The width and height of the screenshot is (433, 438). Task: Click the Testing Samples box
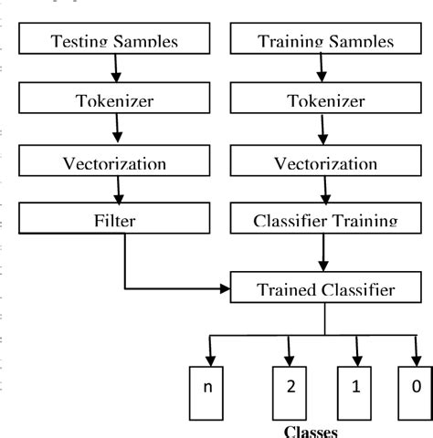pos(114,40)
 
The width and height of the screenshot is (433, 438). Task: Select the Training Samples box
pos(325,40)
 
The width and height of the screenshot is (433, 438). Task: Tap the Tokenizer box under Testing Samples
pos(114,100)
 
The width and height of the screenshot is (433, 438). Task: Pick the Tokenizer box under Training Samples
pos(325,100)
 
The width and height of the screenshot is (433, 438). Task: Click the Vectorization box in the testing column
pos(114,162)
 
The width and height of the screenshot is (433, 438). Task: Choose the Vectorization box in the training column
pos(325,162)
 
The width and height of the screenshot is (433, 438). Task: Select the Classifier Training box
pos(325,220)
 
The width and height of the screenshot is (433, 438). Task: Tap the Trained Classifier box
pos(325,289)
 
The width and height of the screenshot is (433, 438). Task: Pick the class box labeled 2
pos(290,387)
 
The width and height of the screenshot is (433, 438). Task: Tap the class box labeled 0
pos(416,387)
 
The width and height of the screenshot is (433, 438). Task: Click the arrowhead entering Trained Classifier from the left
pos(224,289)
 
